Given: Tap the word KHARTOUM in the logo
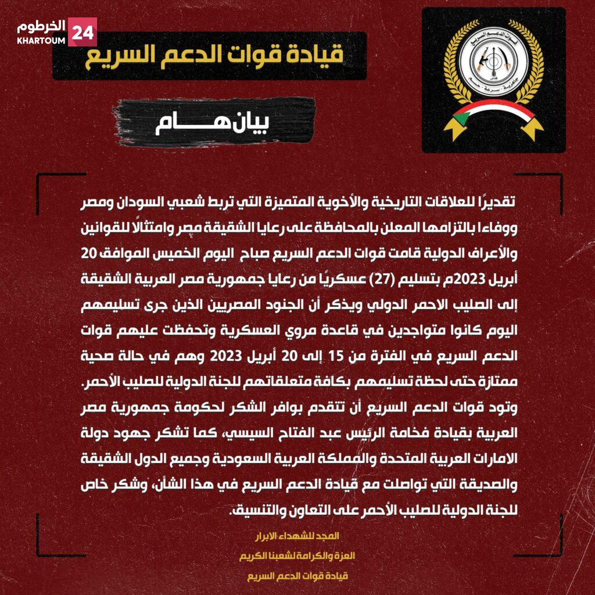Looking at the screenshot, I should pos(41,41).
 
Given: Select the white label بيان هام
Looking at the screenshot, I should pos(214,123).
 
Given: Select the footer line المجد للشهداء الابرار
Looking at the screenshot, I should pos(297,535).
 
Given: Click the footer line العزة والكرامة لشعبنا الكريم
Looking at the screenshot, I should pos(297,555).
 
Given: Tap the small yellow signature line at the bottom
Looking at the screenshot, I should pos(297,576).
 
